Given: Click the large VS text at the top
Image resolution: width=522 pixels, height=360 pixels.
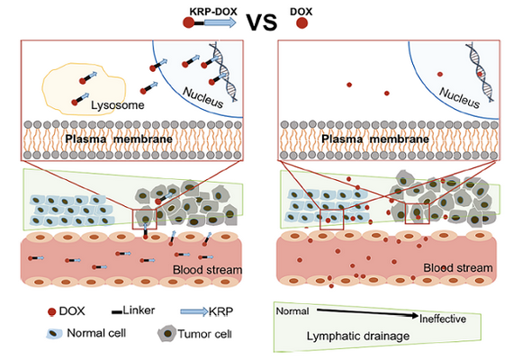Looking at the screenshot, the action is [262, 22].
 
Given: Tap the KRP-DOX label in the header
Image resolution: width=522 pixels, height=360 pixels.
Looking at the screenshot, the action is [213, 12].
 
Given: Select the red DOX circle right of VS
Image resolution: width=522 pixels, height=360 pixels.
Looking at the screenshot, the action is [301, 23].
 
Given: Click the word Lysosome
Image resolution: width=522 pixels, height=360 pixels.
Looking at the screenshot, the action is [118, 105].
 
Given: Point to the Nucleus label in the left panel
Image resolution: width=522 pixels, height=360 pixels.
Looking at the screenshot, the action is [202, 97].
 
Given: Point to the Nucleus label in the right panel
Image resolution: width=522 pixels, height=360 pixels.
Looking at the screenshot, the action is [459, 97].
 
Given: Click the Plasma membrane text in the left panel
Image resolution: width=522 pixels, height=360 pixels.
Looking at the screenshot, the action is [119, 139].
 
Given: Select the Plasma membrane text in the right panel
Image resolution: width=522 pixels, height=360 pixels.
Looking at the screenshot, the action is [375, 139].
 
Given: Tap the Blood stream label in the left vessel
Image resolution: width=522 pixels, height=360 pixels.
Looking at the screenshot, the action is [207, 269].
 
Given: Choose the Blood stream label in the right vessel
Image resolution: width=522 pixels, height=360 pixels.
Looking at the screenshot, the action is [458, 268].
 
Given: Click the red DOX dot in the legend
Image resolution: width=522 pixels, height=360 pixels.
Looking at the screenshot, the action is [51, 312].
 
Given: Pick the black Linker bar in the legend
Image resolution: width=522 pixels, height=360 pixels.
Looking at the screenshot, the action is [117, 312].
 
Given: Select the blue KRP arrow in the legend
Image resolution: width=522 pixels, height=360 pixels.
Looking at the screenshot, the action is [194, 311].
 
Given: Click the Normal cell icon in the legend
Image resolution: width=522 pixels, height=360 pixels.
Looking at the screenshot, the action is [54, 334].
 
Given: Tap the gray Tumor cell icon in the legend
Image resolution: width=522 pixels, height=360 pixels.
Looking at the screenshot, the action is [167, 334].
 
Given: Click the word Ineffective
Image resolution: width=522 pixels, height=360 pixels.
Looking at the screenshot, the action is [443, 319].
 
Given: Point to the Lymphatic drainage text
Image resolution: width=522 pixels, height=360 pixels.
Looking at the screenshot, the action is [358, 336].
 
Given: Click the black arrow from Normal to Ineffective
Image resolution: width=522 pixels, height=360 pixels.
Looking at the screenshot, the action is [367, 312].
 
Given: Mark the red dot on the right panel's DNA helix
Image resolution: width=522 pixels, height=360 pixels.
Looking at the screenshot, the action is [480, 74].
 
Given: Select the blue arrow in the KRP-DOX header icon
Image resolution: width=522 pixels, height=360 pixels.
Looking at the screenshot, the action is [220, 22].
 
